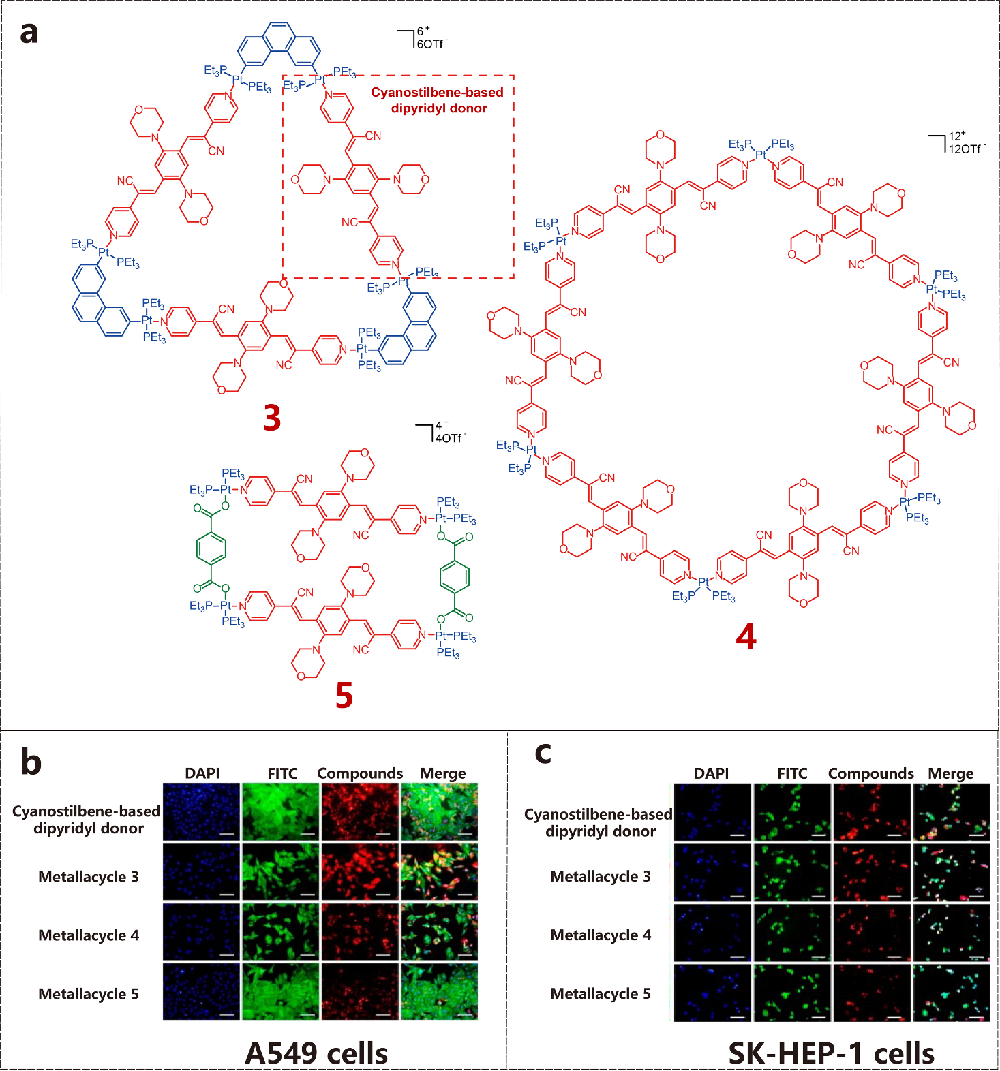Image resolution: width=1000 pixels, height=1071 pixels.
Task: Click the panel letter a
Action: tap(29, 31)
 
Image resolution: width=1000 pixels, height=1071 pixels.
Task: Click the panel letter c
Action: tap(543, 754)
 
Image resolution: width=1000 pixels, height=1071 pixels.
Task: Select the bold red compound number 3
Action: tap(272, 418)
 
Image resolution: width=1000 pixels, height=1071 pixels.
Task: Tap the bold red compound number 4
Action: tap(746, 637)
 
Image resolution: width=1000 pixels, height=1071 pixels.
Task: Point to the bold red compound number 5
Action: tap(344, 696)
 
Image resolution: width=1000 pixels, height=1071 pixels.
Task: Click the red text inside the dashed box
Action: tap(438, 100)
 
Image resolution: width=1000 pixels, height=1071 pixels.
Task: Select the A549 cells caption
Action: tap(316, 1053)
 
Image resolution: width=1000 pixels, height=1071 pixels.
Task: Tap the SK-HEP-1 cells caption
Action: tap(831, 1053)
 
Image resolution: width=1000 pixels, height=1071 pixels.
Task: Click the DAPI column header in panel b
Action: tap(202, 773)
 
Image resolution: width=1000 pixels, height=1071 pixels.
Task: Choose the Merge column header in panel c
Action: tap(951, 773)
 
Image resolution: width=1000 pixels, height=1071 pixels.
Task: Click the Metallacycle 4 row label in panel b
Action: tap(89, 935)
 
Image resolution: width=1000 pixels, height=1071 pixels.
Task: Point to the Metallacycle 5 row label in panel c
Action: tap(601, 994)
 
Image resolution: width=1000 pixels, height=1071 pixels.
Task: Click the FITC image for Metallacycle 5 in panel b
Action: tap(280, 991)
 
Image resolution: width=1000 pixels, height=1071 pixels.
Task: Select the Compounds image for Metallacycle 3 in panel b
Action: tap(360, 872)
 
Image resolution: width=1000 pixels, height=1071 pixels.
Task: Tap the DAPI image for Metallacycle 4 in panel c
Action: tap(712, 932)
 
